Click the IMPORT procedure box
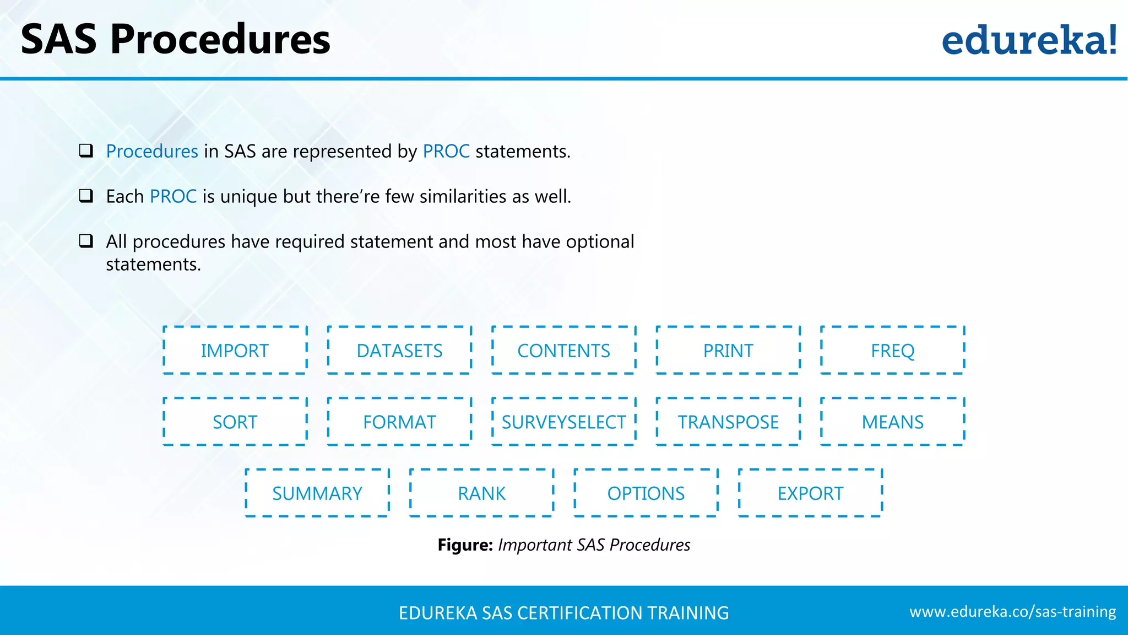pyautogui.click(x=235, y=351)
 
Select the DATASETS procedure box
pyautogui.click(x=399, y=351)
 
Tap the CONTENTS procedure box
pyautogui.click(x=563, y=351)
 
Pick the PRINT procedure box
pyautogui.click(x=728, y=351)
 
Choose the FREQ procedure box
pyautogui.click(x=892, y=351)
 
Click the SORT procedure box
pyautogui.click(x=235, y=422)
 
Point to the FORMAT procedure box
pyautogui.click(x=399, y=422)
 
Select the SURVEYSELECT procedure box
pyautogui.click(x=563, y=422)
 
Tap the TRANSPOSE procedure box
pyautogui.click(x=728, y=422)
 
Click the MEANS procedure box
pyautogui.click(x=892, y=422)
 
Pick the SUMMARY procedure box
pyautogui.click(x=317, y=493)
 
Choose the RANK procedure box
pyautogui.click(x=481, y=493)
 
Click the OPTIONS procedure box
pyautogui.click(x=646, y=493)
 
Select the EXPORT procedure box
pyautogui.click(x=810, y=493)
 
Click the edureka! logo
pyautogui.click(x=1029, y=40)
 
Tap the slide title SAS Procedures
pyautogui.click(x=175, y=40)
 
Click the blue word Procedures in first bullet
pyautogui.click(x=152, y=151)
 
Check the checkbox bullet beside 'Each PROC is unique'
pyautogui.click(x=86, y=196)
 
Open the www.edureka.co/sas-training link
pyautogui.click(x=1012, y=612)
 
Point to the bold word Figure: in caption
pyautogui.click(x=465, y=545)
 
